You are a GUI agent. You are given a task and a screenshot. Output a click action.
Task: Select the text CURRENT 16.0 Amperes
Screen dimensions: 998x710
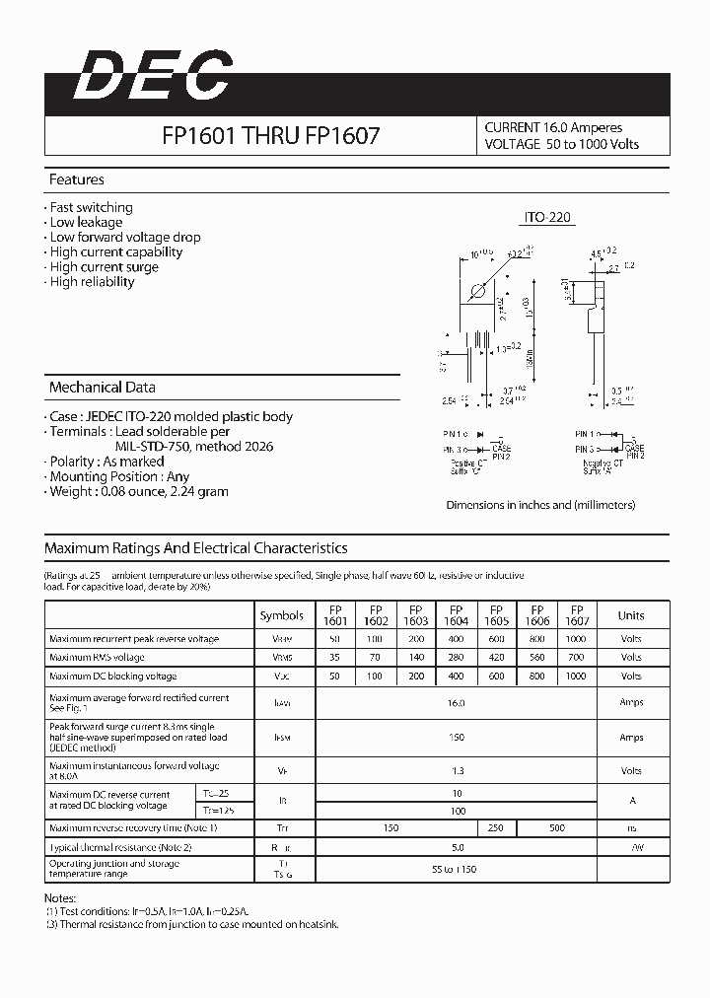[553, 127]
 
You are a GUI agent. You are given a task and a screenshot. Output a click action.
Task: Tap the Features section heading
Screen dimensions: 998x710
[77, 179]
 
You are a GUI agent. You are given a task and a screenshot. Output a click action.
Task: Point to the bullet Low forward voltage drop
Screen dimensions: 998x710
[124, 237]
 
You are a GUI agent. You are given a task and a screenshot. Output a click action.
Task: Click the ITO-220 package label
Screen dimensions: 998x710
[546, 217]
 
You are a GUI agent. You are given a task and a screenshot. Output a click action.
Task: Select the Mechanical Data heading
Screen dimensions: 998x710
[102, 388]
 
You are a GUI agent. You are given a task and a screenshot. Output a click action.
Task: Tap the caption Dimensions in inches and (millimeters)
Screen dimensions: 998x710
[540, 504]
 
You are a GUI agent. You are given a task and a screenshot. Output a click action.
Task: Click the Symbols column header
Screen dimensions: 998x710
[282, 615]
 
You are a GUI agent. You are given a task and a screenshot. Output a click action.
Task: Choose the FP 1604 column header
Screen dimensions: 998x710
[457, 615]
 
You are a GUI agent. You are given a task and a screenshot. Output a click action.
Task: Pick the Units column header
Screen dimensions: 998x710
[631, 615]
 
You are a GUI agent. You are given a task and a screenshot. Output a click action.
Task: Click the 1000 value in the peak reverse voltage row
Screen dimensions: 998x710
[577, 639]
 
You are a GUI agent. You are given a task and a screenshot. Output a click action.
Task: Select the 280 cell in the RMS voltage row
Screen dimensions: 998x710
[457, 657]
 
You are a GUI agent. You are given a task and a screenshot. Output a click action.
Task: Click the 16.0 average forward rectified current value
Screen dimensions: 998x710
[456, 703]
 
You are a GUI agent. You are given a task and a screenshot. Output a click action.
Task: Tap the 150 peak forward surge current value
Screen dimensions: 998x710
[456, 738]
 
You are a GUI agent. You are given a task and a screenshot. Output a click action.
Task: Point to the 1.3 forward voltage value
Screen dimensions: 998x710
[456, 771]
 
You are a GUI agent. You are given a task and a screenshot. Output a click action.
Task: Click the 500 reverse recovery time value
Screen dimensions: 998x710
[557, 828]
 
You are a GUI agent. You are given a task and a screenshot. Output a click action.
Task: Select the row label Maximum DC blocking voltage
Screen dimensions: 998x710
[113, 677]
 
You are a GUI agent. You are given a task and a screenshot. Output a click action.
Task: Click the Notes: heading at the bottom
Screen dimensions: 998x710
[60, 898]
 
